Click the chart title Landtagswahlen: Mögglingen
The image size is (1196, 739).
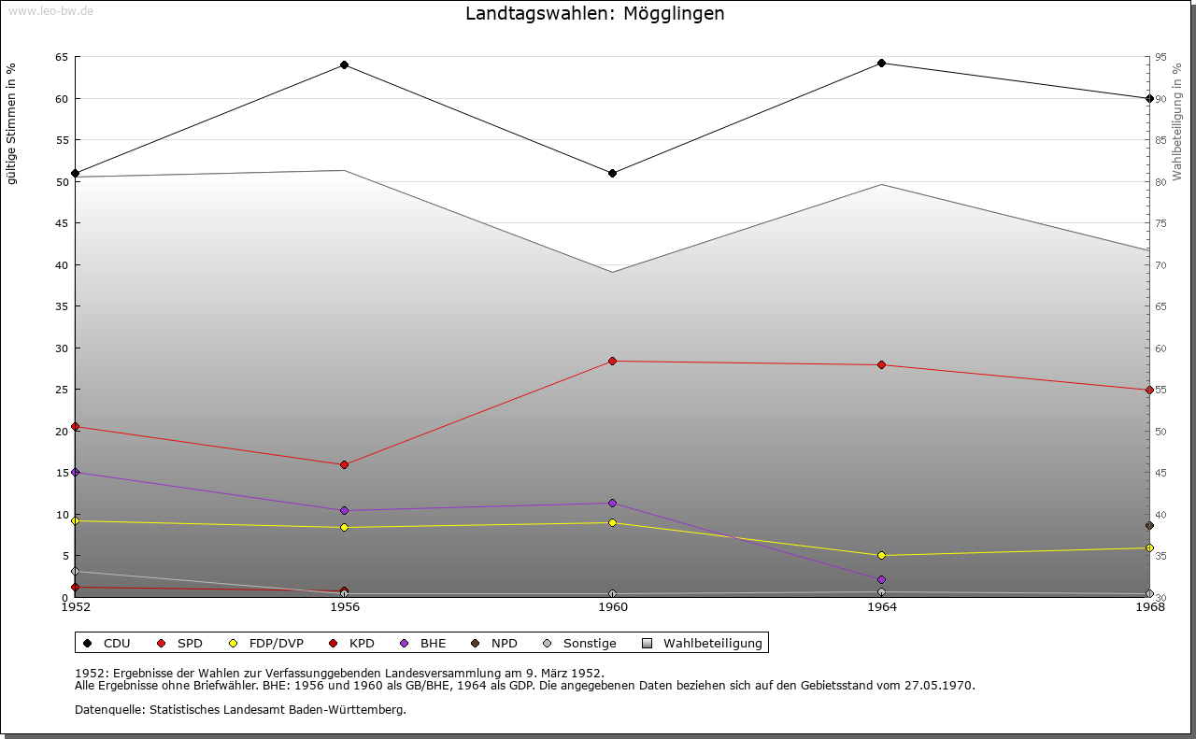tap(594, 14)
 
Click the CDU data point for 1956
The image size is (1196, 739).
tap(344, 65)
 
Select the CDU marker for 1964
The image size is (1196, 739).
tap(881, 64)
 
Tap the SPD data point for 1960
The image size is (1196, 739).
tap(612, 362)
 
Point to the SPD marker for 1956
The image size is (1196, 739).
tap(344, 464)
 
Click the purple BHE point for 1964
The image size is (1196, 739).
tap(881, 580)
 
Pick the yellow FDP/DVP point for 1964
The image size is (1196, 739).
tap(881, 556)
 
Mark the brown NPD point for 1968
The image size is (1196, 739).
tap(1149, 526)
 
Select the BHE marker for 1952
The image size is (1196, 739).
tap(76, 473)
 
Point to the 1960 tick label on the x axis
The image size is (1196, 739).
tap(612, 607)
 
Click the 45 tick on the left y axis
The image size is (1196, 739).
tap(62, 223)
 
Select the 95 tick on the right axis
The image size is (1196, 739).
tap(1160, 57)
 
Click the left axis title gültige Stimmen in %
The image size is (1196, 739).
tap(12, 123)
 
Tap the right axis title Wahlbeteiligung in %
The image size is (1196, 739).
tap(1177, 121)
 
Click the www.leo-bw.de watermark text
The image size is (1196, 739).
tap(50, 9)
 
